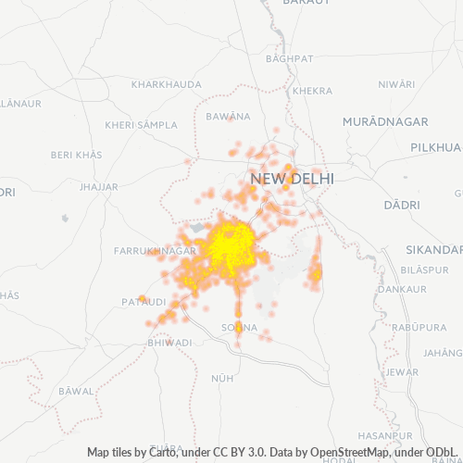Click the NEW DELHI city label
tap(292, 178)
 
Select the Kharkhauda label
tap(167, 84)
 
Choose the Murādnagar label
tap(384, 122)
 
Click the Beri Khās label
tap(76, 154)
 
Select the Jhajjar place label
tap(99, 186)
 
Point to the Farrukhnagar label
tap(154, 251)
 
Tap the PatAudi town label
tap(144, 303)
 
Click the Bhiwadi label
tap(169, 343)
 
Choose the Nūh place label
tap(222, 379)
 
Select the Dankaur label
tap(403, 289)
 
